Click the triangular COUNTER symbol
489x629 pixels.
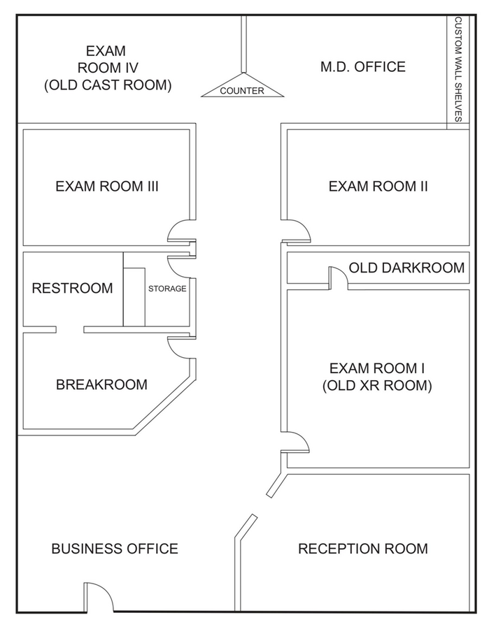click(x=243, y=87)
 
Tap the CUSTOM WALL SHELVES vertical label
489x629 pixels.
click(x=459, y=69)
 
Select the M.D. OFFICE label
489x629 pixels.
click(x=362, y=67)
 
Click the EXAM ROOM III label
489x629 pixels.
click(x=107, y=187)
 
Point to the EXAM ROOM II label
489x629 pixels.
click(x=378, y=187)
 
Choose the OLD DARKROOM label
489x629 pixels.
click(x=406, y=268)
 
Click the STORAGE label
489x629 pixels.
click(x=167, y=289)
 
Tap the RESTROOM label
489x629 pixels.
click(x=72, y=288)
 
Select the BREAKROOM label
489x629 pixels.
click(x=101, y=384)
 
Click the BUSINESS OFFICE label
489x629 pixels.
click(x=115, y=549)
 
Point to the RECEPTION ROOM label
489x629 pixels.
click(x=363, y=549)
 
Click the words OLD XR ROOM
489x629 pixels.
click(x=378, y=385)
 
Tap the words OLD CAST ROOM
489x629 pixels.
click(x=108, y=85)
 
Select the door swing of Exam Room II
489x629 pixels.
click(x=297, y=230)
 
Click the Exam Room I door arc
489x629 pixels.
click(x=297, y=442)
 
